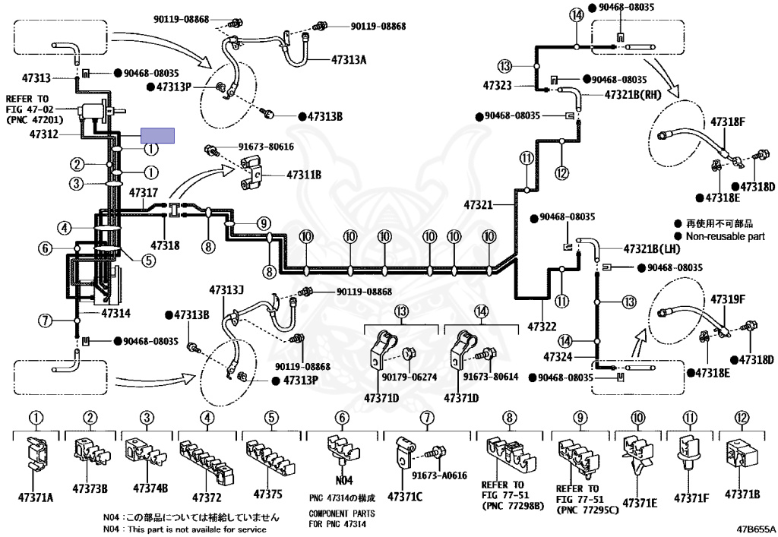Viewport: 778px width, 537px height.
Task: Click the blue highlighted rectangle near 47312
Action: [x=158, y=135]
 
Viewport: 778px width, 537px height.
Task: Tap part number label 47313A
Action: [x=348, y=60]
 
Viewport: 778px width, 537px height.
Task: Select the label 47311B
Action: [x=304, y=175]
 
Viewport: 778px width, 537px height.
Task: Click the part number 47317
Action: [x=144, y=192]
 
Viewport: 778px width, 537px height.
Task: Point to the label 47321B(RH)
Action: [x=633, y=95]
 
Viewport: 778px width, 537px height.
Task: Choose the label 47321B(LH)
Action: [x=651, y=249]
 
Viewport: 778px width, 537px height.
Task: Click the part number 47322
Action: [x=542, y=327]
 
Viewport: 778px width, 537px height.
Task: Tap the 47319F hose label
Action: [x=728, y=299]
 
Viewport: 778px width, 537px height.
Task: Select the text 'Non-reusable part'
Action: [x=726, y=236]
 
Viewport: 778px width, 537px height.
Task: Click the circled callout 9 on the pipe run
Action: [x=264, y=223]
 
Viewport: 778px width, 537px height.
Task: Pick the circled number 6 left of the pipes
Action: [x=45, y=248]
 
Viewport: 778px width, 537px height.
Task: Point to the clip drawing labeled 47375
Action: [x=270, y=458]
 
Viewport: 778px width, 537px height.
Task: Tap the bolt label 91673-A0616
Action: [x=439, y=475]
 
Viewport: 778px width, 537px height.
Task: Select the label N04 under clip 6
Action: [x=344, y=480]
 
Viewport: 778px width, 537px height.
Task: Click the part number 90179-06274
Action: [x=410, y=377]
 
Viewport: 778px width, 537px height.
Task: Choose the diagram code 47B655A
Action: [x=755, y=529]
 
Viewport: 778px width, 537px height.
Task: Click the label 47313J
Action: [x=226, y=289]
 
